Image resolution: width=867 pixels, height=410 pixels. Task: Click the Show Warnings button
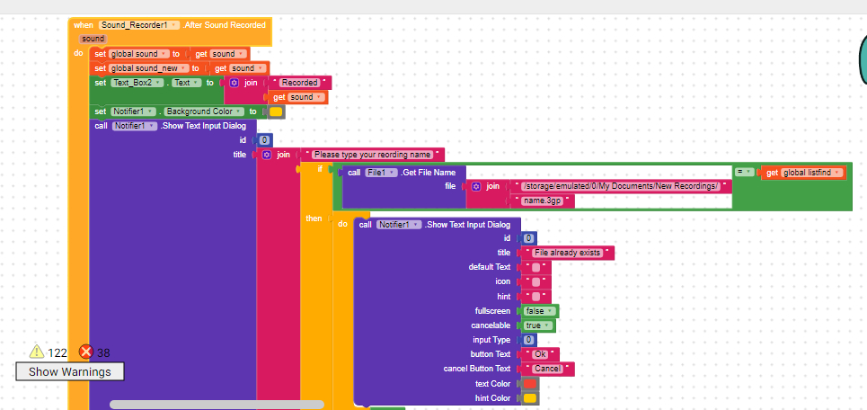point(69,371)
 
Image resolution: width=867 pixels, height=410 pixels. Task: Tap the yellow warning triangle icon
point(37,352)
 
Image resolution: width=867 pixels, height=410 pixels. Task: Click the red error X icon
point(86,352)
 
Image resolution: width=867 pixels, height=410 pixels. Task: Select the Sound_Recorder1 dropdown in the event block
point(140,25)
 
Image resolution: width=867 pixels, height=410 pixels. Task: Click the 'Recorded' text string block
point(300,83)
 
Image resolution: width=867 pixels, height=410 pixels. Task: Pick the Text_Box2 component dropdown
point(137,83)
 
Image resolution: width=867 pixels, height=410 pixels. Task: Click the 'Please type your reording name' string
point(372,155)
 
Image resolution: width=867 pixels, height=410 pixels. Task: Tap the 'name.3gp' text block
point(542,201)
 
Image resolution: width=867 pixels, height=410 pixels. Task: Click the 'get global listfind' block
point(803,172)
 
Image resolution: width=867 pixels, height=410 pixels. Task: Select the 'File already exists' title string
point(567,253)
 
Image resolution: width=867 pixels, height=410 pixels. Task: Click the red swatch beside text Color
point(530,384)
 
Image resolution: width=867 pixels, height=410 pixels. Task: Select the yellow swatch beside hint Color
point(530,397)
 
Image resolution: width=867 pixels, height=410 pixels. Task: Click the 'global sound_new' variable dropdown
point(149,68)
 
